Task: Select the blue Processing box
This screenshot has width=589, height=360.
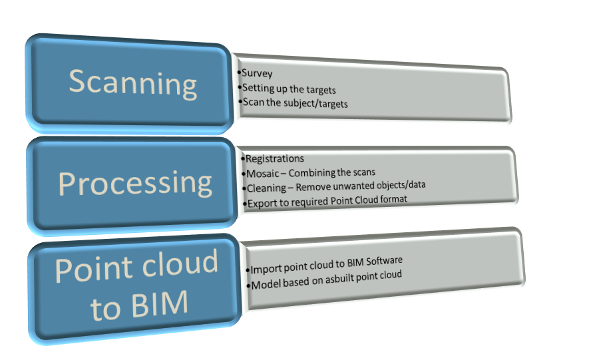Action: click(x=133, y=183)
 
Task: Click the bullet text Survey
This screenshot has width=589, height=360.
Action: click(x=257, y=74)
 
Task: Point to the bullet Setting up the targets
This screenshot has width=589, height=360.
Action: click(x=288, y=88)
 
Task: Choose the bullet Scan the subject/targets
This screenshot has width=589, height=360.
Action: click(x=294, y=104)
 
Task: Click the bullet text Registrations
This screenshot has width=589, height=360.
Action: click(x=274, y=158)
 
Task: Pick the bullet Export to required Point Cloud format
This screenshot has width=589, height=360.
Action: click(x=326, y=200)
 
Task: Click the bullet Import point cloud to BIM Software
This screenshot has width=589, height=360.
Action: click(x=327, y=262)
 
